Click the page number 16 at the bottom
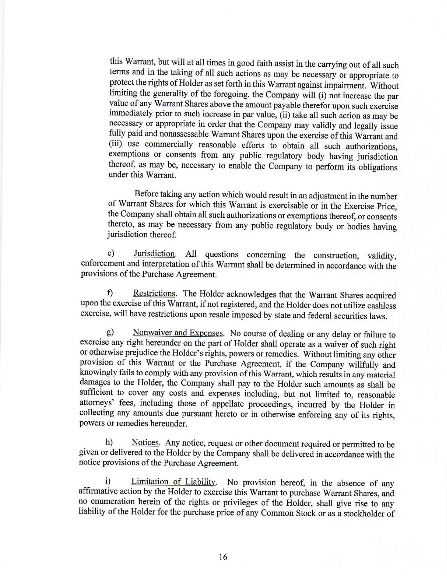(x=223, y=557)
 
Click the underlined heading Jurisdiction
(x=154, y=254)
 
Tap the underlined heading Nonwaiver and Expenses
(x=178, y=333)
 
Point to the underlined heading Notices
(x=145, y=443)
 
